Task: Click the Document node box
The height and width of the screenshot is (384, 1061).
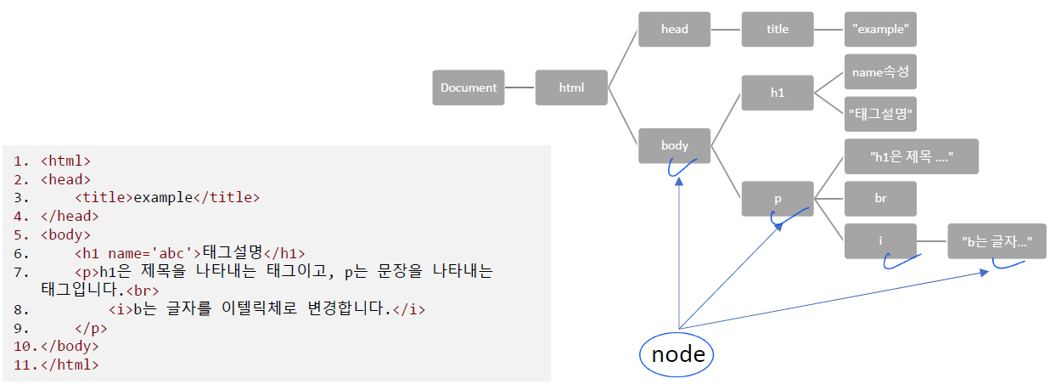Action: coord(469,88)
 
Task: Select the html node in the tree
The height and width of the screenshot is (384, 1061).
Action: coord(571,88)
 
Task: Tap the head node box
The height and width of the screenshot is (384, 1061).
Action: coord(675,29)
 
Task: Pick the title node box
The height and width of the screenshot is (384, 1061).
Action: coord(778,29)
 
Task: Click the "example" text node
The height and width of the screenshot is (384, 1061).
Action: coord(880,29)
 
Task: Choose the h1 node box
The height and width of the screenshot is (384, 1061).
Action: coord(778,93)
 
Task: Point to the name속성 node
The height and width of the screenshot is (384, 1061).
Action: coord(880,72)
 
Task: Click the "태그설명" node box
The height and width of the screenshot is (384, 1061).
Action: coord(880,113)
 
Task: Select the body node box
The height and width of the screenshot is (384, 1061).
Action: coord(675,145)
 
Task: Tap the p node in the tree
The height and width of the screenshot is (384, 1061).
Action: coord(778,198)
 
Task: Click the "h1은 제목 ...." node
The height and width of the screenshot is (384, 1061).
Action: coord(912,156)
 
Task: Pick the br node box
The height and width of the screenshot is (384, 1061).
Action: coord(880,198)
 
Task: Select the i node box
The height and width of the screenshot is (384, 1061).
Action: coord(880,241)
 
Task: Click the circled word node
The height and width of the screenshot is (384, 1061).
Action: coord(677,354)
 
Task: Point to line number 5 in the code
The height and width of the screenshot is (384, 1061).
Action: coord(21,234)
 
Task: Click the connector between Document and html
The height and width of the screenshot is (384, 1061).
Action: coord(519,88)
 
